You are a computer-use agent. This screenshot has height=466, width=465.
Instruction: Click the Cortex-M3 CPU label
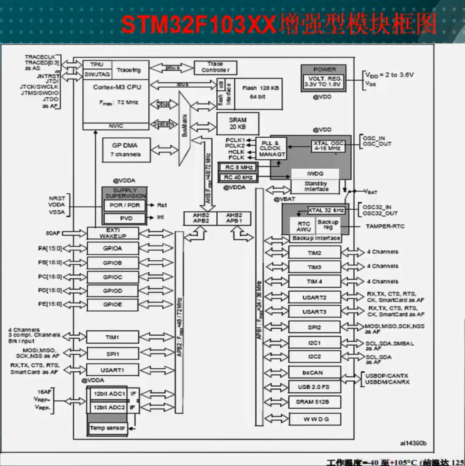117,87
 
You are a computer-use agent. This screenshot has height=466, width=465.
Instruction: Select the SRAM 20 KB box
238,123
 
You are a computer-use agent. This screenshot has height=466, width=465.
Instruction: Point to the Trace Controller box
216,68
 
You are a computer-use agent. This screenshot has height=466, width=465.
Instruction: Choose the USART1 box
113,370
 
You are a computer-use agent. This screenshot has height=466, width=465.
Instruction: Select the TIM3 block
315,267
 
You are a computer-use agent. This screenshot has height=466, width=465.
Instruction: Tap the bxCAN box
315,373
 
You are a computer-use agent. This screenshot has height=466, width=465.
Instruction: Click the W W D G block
315,419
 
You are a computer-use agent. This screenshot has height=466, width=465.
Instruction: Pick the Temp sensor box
107,428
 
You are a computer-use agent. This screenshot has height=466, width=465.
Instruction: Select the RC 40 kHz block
238,177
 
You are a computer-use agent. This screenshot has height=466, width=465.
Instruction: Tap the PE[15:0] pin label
50,304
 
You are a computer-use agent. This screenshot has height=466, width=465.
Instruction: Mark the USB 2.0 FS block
315,387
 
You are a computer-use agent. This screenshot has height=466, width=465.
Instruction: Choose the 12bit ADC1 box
109,394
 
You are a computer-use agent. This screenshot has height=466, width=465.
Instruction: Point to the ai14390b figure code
413,444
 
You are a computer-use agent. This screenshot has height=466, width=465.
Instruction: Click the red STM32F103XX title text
199,25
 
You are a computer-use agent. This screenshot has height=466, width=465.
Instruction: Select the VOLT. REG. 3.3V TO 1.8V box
323,82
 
